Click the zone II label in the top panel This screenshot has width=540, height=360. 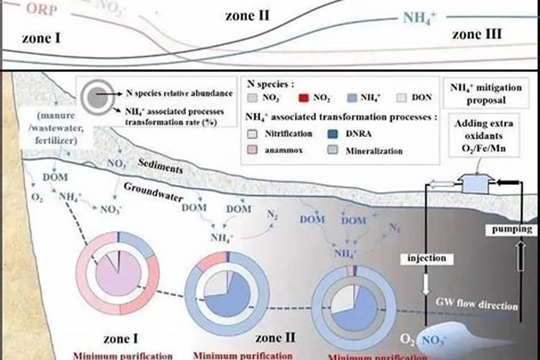tap(247, 15)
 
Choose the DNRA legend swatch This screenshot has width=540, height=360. tap(331, 133)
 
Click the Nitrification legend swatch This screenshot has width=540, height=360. tap(252, 133)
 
